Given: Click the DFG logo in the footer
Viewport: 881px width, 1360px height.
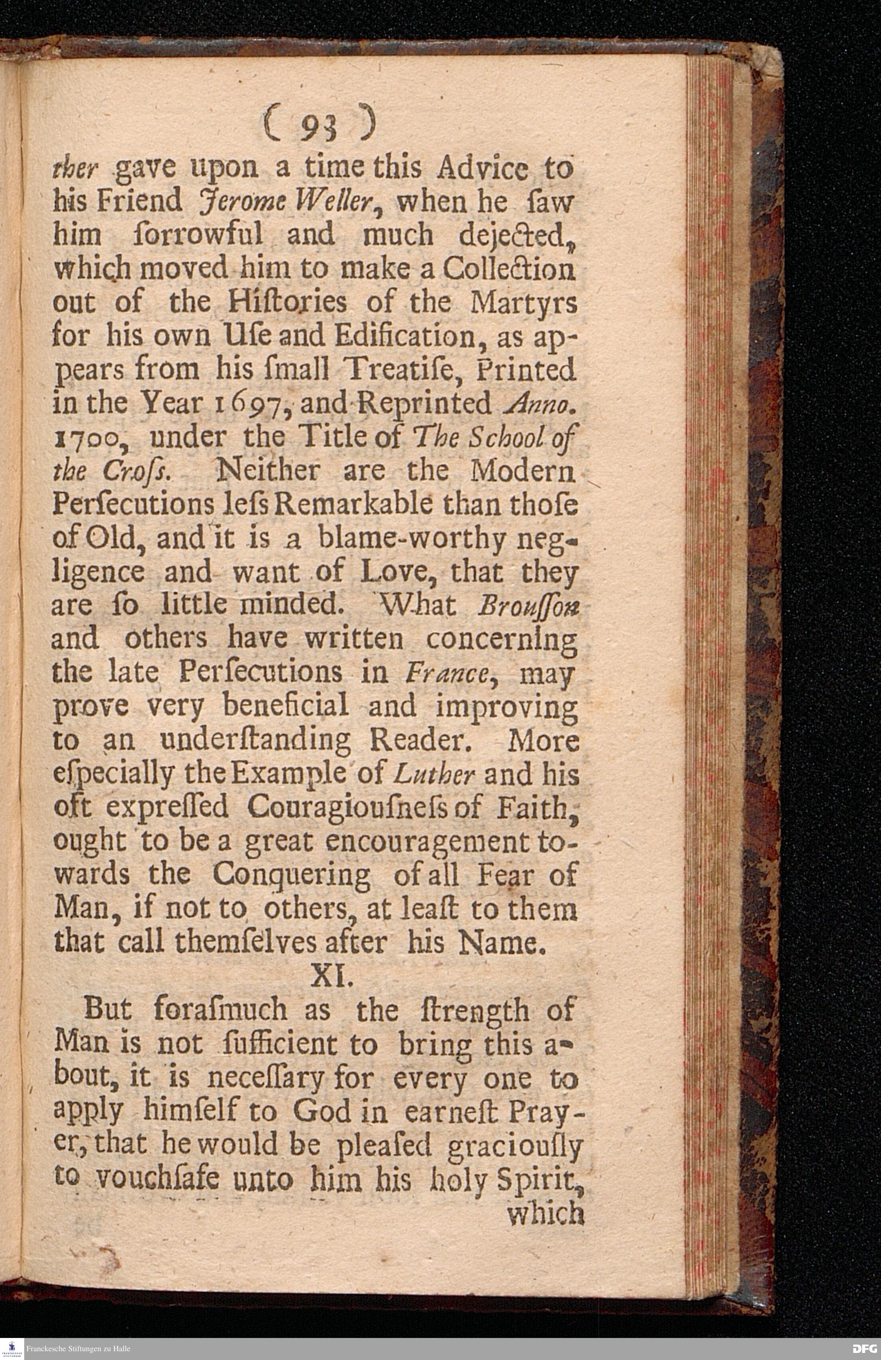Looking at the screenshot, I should (x=864, y=1348).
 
